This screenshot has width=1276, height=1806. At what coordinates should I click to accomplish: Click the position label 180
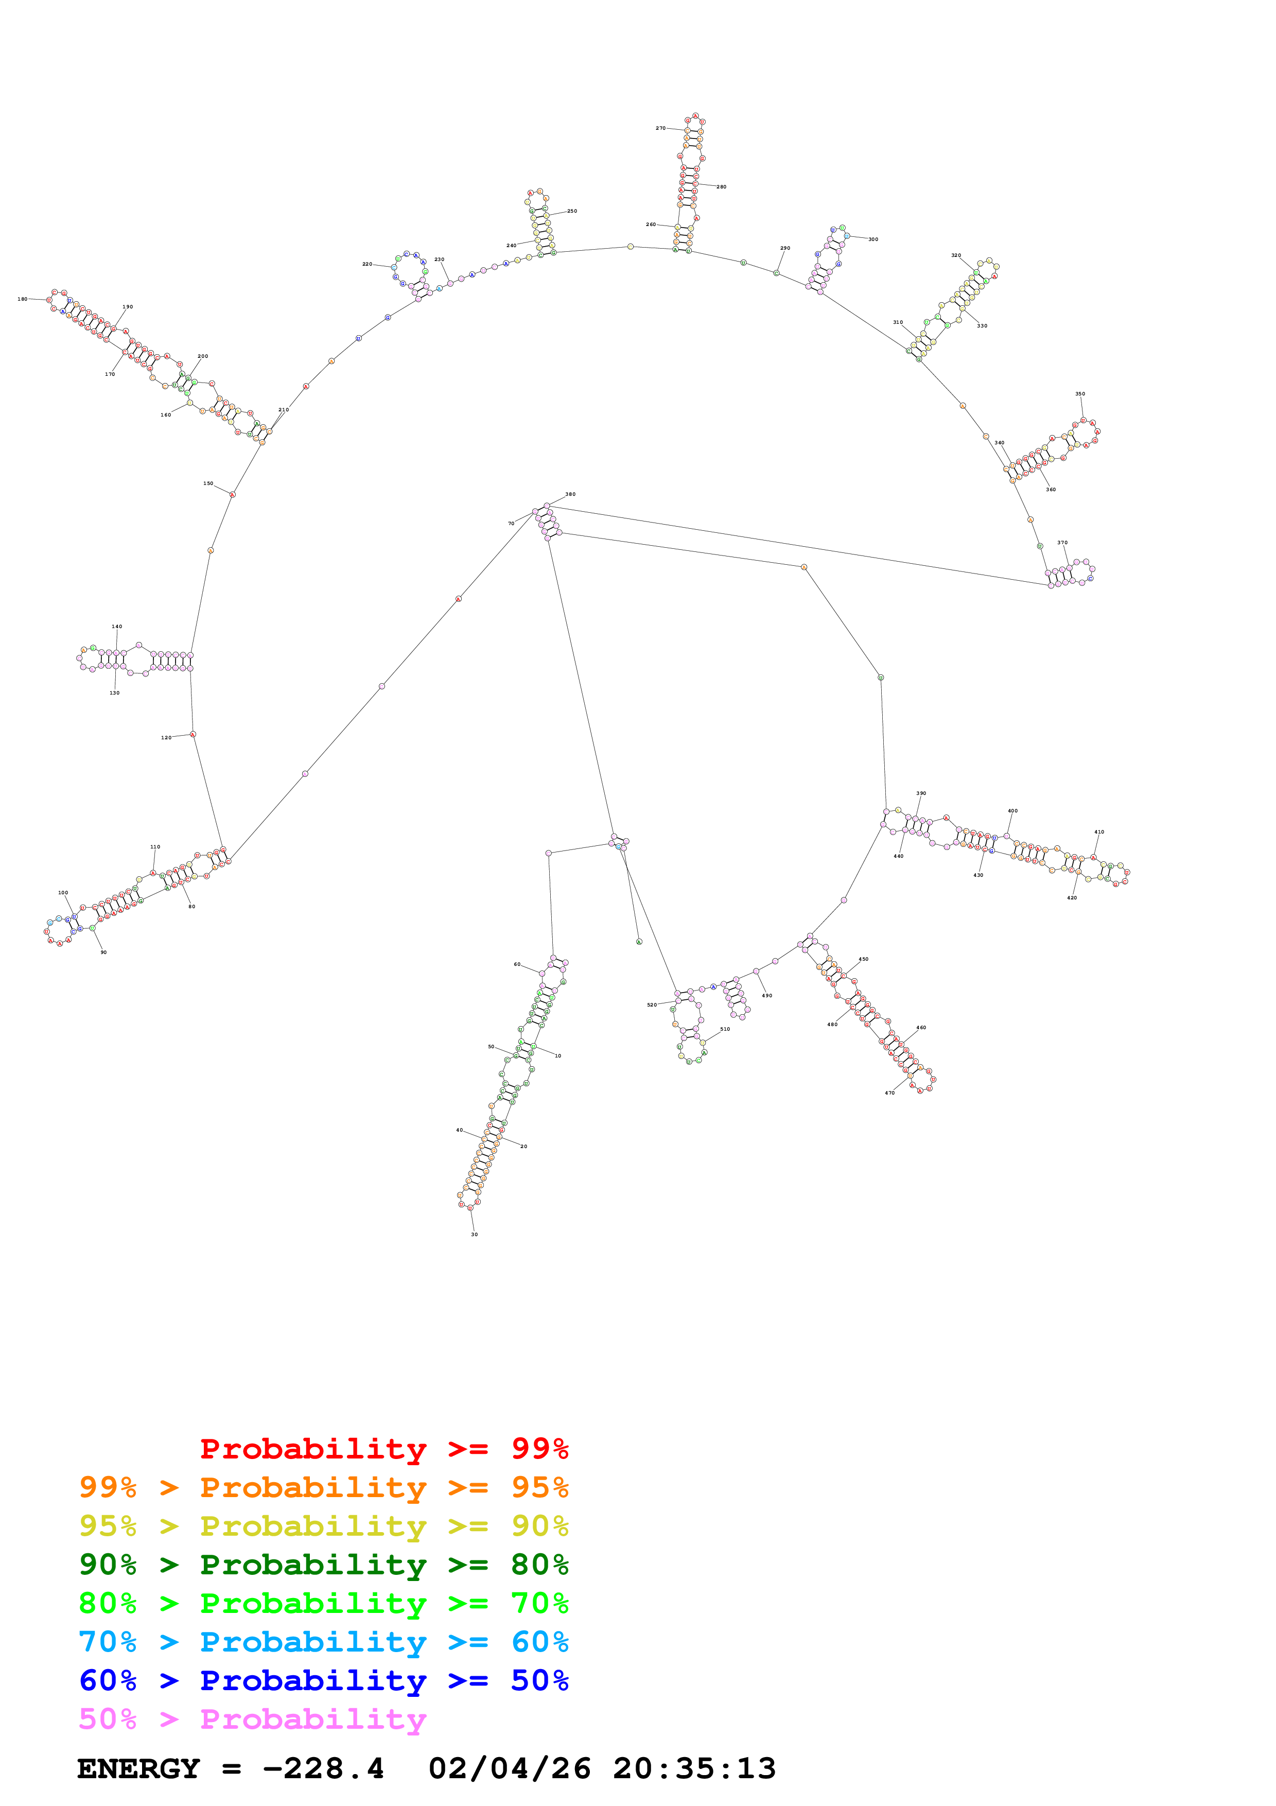click(x=22, y=299)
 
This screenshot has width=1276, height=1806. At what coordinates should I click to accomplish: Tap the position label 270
click(x=660, y=128)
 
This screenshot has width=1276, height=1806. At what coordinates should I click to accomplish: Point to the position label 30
click(x=474, y=1234)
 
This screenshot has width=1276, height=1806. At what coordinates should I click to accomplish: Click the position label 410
click(x=1098, y=831)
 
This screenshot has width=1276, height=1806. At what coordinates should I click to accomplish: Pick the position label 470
click(x=889, y=1092)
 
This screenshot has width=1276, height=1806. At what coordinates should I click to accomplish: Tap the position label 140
click(x=116, y=627)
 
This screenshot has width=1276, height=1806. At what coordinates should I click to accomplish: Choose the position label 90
click(x=103, y=952)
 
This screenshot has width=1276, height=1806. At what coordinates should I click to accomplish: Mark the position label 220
click(x=366, y=264)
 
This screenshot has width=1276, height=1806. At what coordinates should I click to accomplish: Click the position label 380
click(x=570, y=494)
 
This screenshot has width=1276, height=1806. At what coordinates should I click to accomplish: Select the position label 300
click(x=872, y=239)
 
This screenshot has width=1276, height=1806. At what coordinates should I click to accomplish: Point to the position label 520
click(x=651, y=1004)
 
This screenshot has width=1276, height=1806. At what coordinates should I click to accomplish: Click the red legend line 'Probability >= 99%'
click(x=383, y=1449)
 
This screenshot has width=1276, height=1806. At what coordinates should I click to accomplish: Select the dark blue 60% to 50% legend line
click(x=323, y=1680)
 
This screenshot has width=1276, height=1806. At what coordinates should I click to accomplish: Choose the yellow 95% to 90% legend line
click(x=323, y=1526)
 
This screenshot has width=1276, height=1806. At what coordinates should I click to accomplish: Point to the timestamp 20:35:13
click(x=694, y=1768)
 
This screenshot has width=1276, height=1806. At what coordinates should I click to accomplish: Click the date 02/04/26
click(x=510, y=1768)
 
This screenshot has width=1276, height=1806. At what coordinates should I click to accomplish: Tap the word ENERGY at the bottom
click(x=138, y=1768)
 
